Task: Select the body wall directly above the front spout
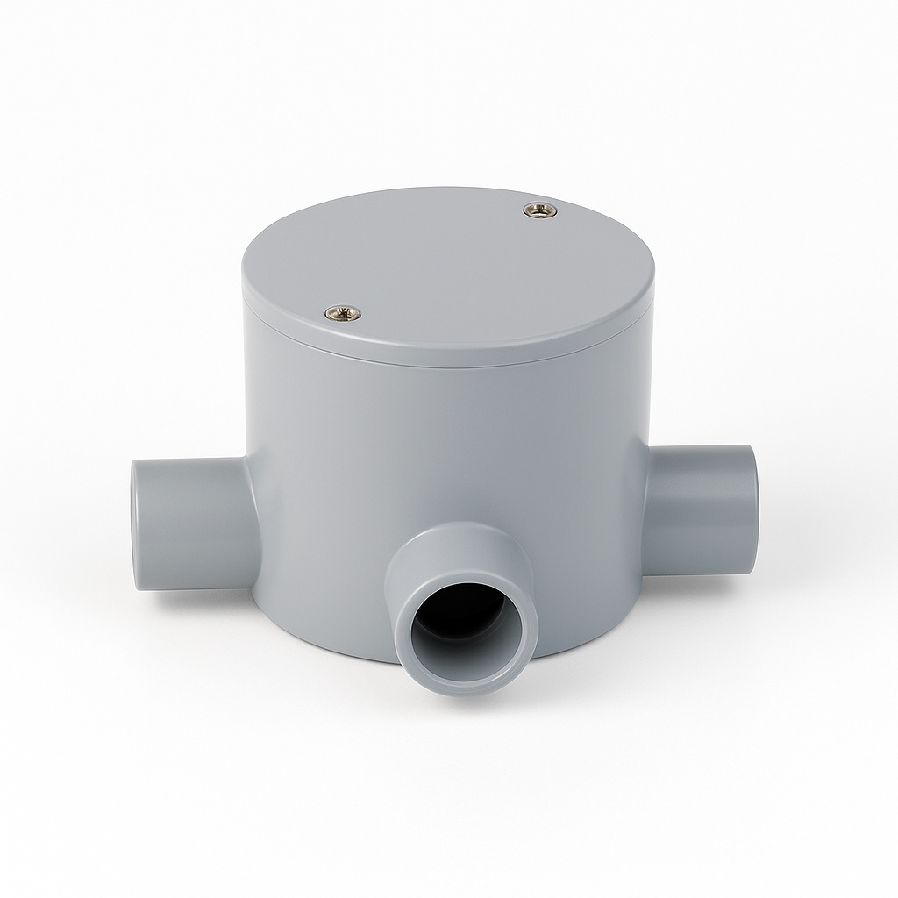[x=456, y=465]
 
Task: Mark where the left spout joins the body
[x=250, y=526]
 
